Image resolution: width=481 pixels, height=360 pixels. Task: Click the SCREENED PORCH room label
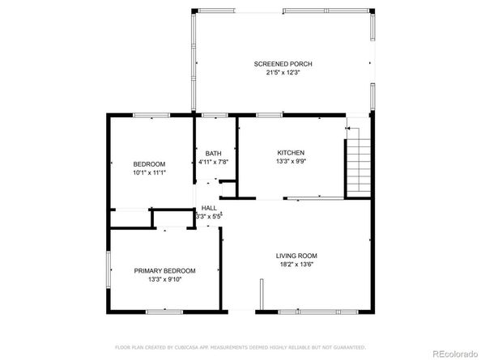(283, 64)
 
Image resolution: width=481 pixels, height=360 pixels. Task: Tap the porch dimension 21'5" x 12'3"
(283, 73)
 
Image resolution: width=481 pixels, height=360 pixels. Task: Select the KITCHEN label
(291, 152)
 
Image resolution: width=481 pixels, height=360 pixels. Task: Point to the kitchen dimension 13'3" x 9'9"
(291, 161)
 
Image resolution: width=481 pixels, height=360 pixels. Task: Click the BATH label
(213, 153)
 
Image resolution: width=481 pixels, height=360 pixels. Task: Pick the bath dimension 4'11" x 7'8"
(214, 162)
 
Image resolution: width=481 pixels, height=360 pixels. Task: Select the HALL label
(209, 208)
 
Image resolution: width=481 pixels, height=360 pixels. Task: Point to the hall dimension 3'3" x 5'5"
(209, 217)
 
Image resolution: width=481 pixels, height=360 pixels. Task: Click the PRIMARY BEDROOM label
(165, 271)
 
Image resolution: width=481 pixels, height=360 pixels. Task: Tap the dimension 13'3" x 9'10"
(165, 280)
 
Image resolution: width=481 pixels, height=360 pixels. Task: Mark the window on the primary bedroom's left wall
(109, 269)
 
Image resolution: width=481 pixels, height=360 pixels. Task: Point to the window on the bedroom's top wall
(151, 116)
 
